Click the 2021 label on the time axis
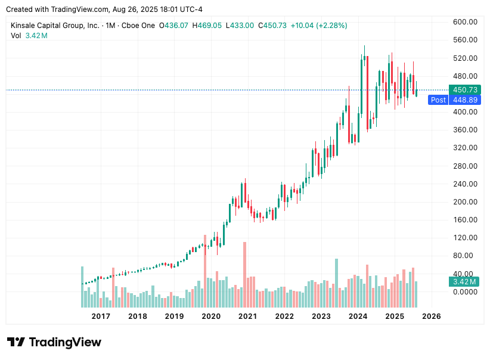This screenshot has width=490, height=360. (x=247, y=316)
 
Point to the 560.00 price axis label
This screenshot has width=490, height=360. (x=465, y=40)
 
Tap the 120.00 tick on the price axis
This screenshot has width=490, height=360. (x=465, y=238)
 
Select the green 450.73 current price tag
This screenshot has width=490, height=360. (x=465, y=90)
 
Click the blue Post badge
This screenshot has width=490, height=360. (x=438, y=100)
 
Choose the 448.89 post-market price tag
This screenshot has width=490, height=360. (x=465, y=100)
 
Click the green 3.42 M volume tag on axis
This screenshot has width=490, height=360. (x=464, y=282)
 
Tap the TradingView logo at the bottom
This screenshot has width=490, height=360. (x=54, y=342)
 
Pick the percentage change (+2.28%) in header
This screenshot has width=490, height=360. (x=331, y=26)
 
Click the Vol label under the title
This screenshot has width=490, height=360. (x=16, y=36)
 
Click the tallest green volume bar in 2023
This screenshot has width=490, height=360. (x=336, y=283)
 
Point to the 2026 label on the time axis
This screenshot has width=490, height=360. (x=431, y=316)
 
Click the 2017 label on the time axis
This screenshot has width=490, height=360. (x=101, y=316)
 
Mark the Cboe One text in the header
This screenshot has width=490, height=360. (x=139, y=26)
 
